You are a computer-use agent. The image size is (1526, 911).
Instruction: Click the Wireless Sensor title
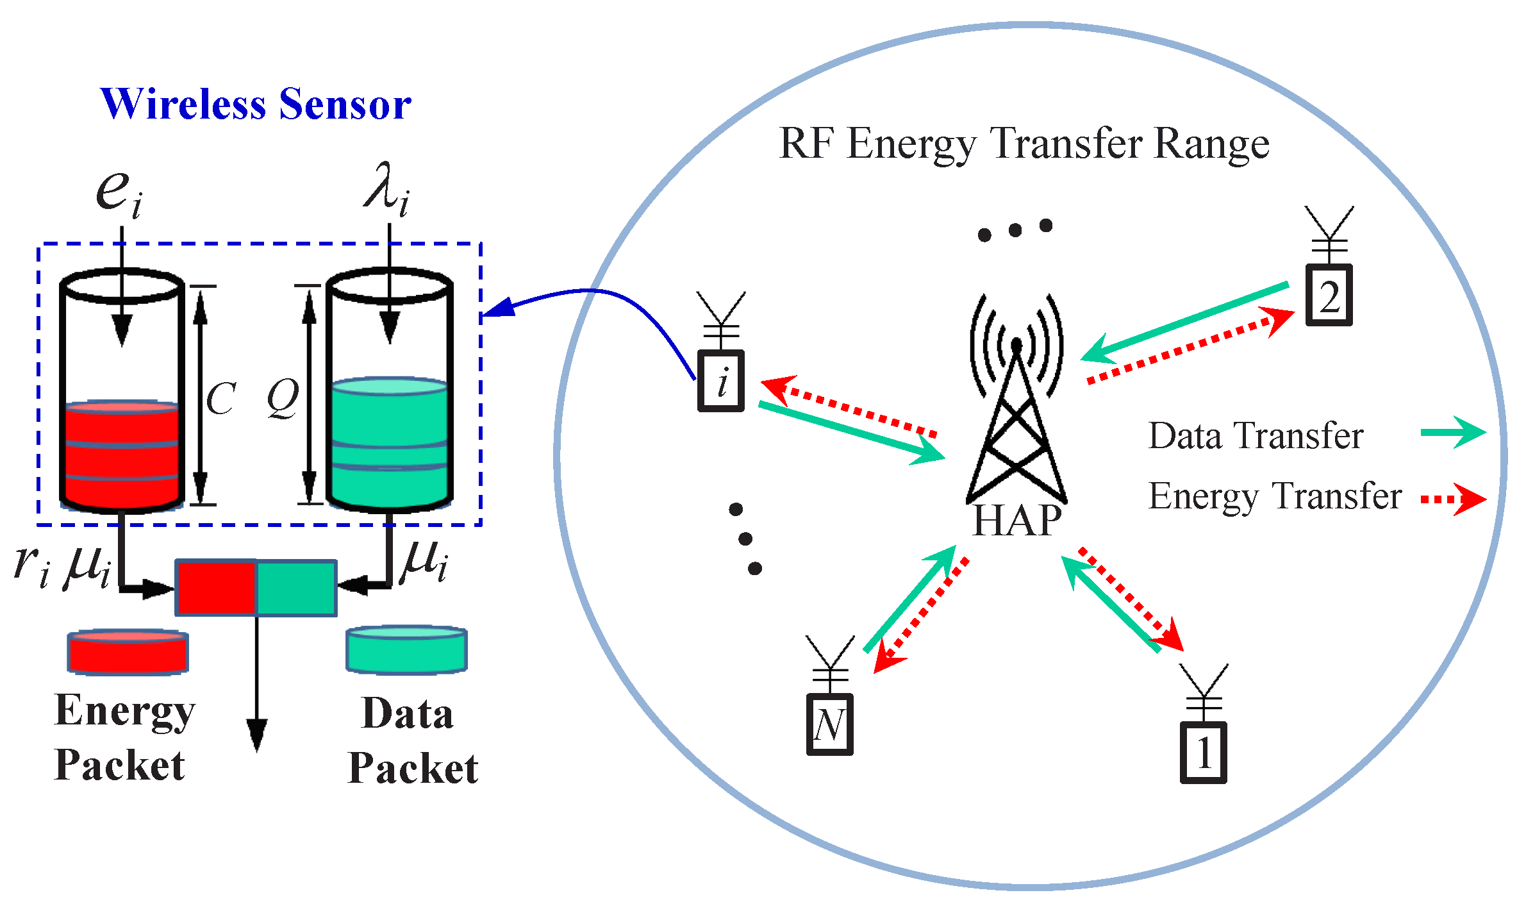pos(255,104)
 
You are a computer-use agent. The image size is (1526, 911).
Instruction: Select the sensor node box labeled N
pos(829,725)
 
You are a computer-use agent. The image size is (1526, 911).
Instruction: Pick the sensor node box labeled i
pos(721,381)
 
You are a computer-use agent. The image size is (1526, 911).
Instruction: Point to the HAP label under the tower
pos(1016,521)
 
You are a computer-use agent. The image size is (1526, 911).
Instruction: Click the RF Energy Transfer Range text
pos(1024,144)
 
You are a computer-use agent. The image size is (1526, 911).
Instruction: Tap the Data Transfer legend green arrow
pos(1452,432)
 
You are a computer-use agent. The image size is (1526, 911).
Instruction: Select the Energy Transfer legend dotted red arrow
pos(1452,499)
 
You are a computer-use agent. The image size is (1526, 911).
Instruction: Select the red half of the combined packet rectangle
pos(217,588)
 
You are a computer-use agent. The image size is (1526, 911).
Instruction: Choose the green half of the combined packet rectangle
pos(296,588)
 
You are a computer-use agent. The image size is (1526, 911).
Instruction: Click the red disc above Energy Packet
pos(128,652)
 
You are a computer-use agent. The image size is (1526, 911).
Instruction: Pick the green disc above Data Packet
pos(406,649)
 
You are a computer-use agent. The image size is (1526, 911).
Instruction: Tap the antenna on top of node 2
pos(1329,231)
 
